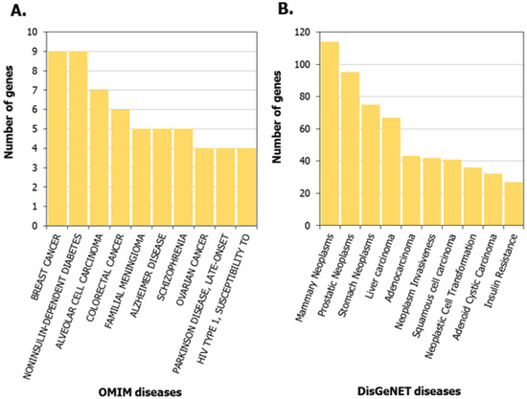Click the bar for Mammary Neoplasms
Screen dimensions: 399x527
point(331,134)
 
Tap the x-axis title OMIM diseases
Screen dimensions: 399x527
point(141,389)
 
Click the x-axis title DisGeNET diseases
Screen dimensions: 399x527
point(408,389)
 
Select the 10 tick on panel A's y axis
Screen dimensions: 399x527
point(34,33)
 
